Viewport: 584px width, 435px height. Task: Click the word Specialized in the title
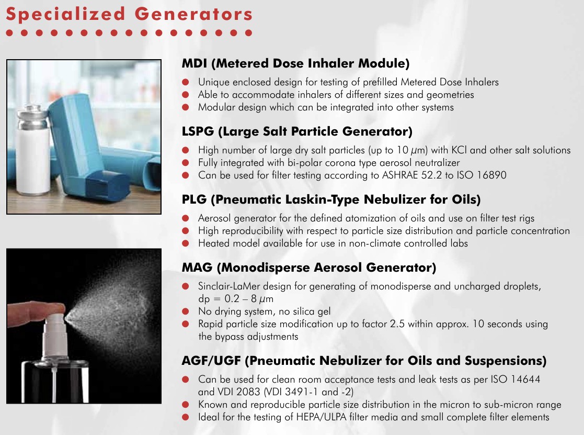click(x=65, y=15)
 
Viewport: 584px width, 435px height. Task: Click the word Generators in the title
click(x=193, y=14)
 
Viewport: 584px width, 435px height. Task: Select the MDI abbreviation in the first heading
click(x=194, y=63)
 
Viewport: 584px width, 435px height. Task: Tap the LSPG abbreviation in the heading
click(x=198, y=131)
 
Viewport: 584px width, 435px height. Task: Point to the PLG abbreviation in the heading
click(x=194, y=199)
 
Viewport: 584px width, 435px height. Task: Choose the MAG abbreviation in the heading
click(x=197, y=267)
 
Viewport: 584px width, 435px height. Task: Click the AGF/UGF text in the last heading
click(x=211, y=361)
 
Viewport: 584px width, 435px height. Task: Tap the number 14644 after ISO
click(x=525, y=380)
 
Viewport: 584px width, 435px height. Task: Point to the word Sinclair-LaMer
click(x=229, y=286)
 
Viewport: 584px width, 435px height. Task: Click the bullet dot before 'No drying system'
click(x=186, y=311)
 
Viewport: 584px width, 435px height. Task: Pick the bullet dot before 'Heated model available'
click(x=186, y=243)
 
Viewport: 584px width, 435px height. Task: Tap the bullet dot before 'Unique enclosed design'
click(x=186, y=82)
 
